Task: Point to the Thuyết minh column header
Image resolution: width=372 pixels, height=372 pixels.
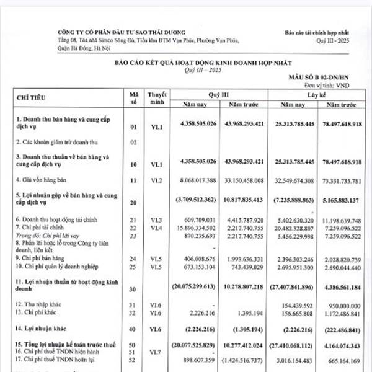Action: coord(154,97)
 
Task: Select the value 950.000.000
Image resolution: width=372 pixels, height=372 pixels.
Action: coord(344,306)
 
